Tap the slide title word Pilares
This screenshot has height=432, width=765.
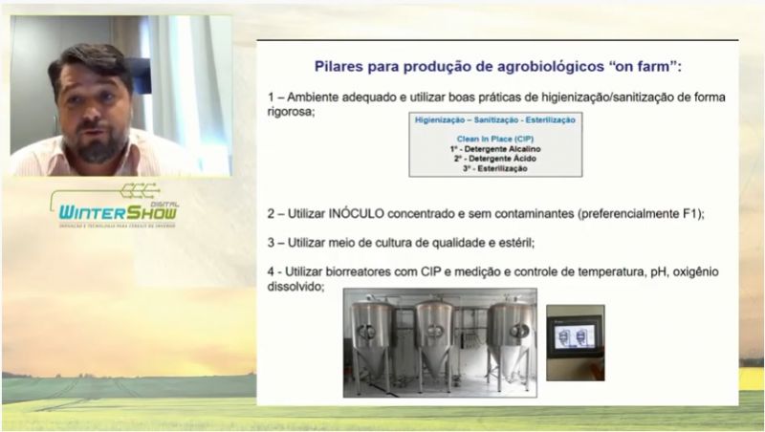pyautogui.click(x=342, y=67)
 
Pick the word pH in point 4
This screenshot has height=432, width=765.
pyautogui.click(x=654, y=272)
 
